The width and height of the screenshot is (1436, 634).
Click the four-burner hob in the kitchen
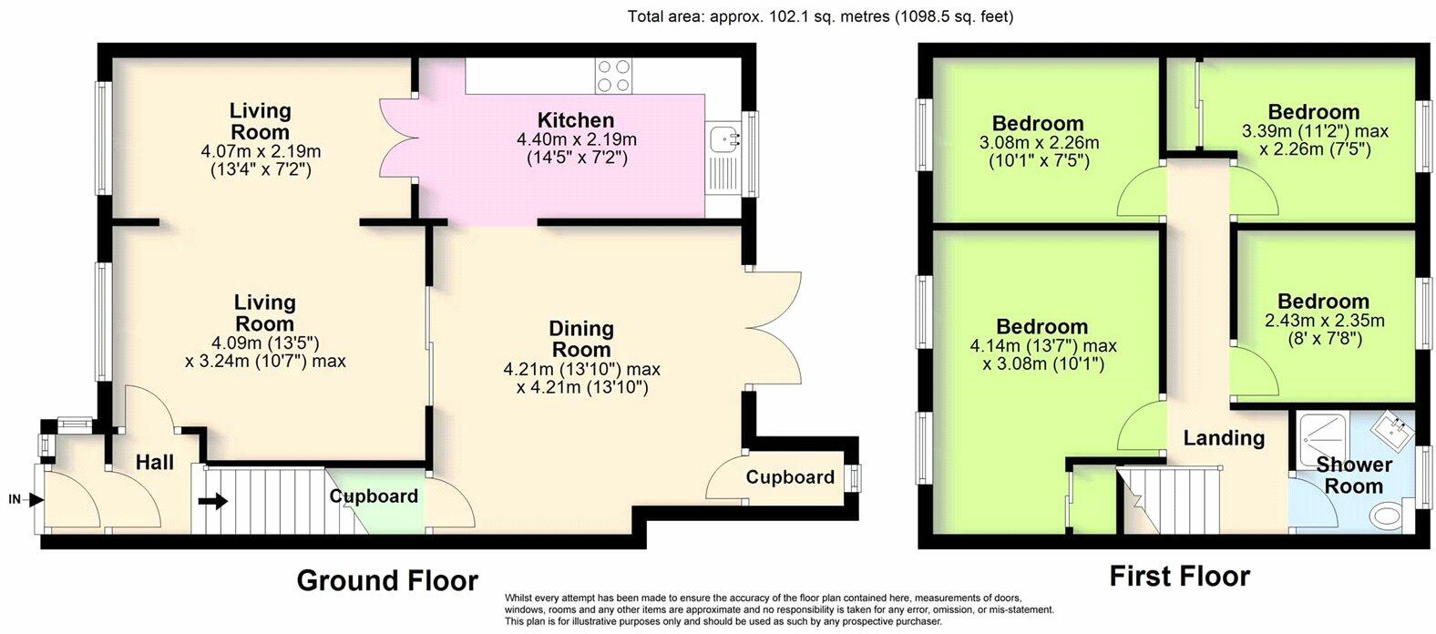[613, 76]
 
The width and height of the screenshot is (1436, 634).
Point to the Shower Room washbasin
[1392, 432]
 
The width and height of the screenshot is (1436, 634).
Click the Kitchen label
[576, 120]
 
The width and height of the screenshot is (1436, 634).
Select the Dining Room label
[581, 339]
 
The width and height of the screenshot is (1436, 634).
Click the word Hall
[155, 462]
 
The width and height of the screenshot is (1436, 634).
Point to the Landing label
[1224, 438]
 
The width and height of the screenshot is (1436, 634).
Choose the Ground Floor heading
[387, 581]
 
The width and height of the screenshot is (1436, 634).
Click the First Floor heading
[1180, 577]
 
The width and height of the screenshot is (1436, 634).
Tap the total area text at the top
[821, 16]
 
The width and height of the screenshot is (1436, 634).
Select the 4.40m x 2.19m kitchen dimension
[577, 139]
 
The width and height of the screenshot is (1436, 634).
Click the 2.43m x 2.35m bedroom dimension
[1325, 320]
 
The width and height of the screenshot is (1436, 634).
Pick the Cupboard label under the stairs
[374, 496]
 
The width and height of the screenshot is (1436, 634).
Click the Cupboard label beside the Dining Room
[790, 477]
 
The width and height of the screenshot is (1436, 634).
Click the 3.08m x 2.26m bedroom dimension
[1039, 142]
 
